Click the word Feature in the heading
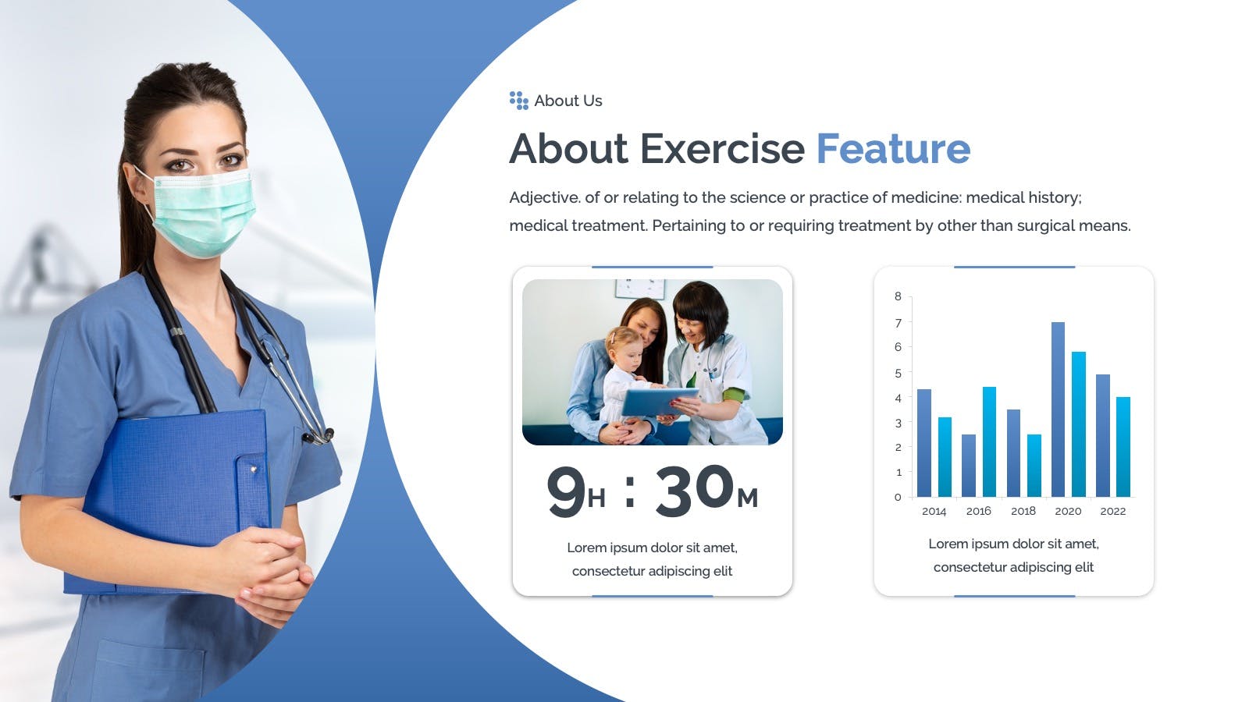[x=893, y=149]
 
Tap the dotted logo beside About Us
[x=518, y=101]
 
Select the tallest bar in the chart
[x=1058, y=409]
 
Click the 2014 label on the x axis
[x=934, y=511]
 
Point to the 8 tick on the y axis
[x=898, y=296]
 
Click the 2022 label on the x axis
[x=1113, y=511]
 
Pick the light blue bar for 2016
[x=989, y=441]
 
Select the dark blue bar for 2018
[x=1013, y=453]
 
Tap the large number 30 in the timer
[x=695, y=490]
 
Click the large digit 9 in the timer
[x=566, y=491]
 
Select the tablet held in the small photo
[x=659, y=402]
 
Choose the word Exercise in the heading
[x=722, y=149]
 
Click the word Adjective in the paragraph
[x=545, y=198]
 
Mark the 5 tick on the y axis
[x=898, y=374]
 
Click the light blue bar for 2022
[x=1123, y=447]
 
